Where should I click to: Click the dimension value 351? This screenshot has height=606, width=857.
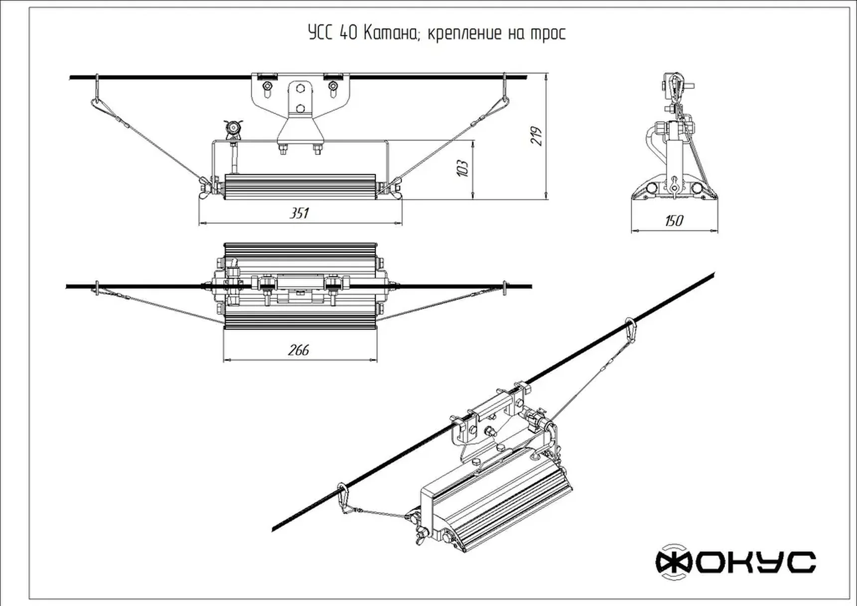click(x=299, y=213)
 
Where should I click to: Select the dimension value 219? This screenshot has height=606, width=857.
click(x=537, y=136)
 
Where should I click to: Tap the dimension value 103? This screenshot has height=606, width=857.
click(x=463, y=168)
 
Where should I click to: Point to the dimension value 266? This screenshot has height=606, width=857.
click(x=298, y=350)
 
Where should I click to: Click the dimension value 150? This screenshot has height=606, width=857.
click(x=674, y=221)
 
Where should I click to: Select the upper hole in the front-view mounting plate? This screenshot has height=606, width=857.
click(x=300, y=89)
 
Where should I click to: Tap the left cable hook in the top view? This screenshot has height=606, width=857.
click(x=97, y=288)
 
